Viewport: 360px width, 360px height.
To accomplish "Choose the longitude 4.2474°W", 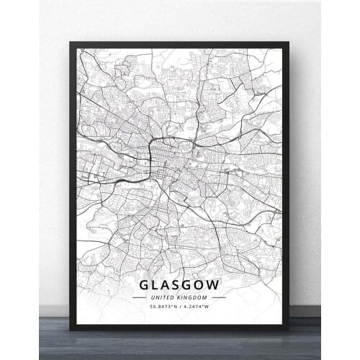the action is click(197, 308).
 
